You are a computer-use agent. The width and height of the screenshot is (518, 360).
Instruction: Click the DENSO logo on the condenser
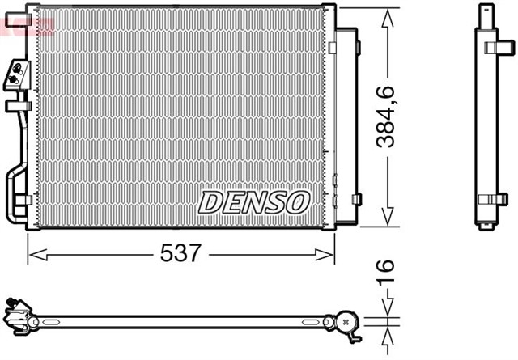click(254, 201)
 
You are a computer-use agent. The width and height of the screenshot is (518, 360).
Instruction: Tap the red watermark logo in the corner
click(24, 24)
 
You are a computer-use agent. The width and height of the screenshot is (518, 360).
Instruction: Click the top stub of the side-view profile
click(486, 11)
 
